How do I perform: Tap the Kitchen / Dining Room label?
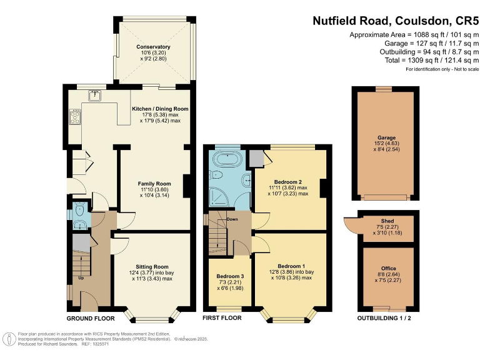[x=160, y=109]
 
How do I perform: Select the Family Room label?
[x=154, y=184]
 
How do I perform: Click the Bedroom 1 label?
[x=292, y=265]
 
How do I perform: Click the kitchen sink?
[x=96, y=96]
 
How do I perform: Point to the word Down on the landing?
[x=232, y=219]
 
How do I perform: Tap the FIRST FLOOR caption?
[x=222, y=318]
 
